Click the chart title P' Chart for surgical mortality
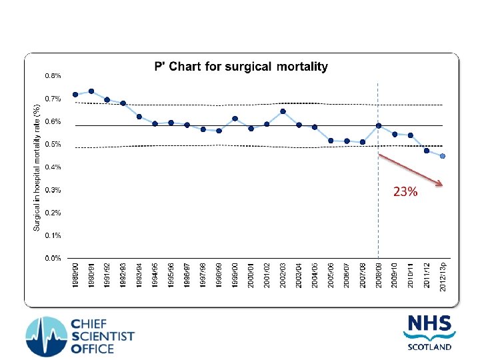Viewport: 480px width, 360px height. tap(237, 67)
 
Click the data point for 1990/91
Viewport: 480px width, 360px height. tap(91, 91)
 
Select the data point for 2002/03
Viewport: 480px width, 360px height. tap(283, 111)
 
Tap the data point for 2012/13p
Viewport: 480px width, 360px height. tap(442, 156)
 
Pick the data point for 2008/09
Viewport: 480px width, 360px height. tap(379, 125)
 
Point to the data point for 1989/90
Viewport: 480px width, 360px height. tap(75, 95)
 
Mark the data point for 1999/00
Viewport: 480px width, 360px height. tap(235, 119)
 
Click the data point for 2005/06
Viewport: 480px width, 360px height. tap(331, 141)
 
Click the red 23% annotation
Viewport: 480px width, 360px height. tap(405, 193)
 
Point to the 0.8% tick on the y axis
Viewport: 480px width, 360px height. tap(53, 76)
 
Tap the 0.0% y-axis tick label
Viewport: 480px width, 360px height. tap(53, 258)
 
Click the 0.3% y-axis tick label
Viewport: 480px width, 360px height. tap(53, 190)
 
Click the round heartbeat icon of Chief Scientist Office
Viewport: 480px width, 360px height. tap(46, 335)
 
